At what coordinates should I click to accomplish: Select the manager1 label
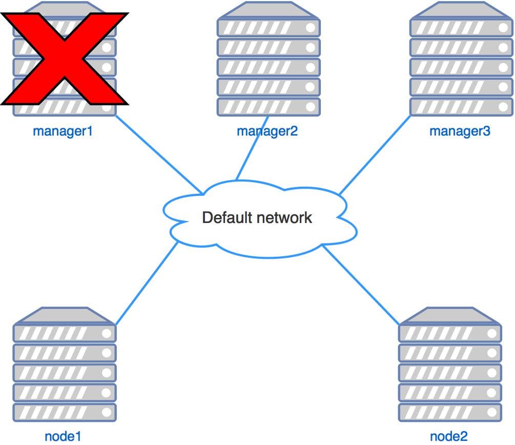pos(63,131)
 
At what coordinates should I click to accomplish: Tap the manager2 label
pos(267,131)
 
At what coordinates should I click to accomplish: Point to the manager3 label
pos(460,131)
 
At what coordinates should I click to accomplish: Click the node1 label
pos(63,436)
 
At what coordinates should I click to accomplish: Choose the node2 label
pos(448,436)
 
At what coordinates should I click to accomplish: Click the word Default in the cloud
pos(227,217)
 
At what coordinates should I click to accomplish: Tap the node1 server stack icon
pos(65,364)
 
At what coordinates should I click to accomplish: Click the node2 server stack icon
pos(450,364)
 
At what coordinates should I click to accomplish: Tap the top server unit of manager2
pos(269,28)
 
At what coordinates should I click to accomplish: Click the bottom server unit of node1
pos(65,412)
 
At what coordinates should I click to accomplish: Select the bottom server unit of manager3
pos(461,106)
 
